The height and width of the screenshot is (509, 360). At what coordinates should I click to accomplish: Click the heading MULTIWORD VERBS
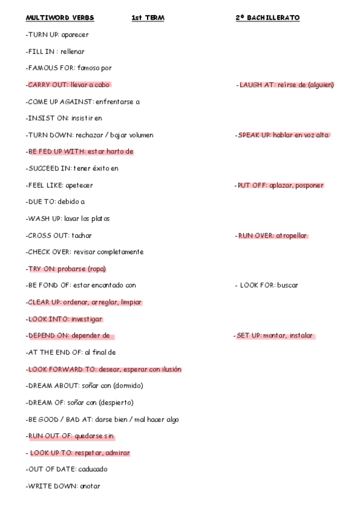[x=60, y=18]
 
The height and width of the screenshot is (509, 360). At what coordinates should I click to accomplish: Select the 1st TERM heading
[x=148, y=18]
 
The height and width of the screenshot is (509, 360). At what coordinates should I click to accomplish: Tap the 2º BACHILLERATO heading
[x=268, y=18]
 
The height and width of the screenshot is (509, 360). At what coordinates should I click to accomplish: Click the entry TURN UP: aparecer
[x=57, y=35]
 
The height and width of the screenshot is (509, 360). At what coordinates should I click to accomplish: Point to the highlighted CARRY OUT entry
[x=69, y=85]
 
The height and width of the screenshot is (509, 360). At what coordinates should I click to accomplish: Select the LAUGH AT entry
[x=286, y=85]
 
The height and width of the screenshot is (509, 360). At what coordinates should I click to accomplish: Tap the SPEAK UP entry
[x=283, y=135]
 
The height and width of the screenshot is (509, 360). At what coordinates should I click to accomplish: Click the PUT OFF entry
[x=280, y=185]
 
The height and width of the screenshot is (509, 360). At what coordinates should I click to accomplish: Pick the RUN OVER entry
[x=272, y=235]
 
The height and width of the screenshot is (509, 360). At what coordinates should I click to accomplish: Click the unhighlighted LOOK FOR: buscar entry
[x=269, y=285]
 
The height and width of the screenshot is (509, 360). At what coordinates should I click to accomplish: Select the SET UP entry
[x=274, y=336]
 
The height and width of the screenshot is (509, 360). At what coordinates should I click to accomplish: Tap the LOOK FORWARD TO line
[x=104, y=369]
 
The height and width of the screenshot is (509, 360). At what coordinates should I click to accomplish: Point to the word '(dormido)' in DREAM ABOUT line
[x=127, y=385]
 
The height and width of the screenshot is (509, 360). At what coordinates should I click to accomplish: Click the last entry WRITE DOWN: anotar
[x=63, y=486]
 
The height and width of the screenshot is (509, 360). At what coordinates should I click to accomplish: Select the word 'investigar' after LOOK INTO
[x=87, y=319]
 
